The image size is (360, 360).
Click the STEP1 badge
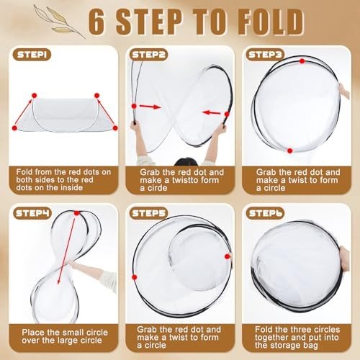32,55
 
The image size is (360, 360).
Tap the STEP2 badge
148,55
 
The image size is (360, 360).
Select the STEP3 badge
265,55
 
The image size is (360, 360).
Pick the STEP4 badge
32,213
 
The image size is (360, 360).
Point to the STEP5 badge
148,213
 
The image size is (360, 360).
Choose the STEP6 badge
265,213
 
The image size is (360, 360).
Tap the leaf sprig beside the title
59,22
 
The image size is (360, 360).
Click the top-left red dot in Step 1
35,96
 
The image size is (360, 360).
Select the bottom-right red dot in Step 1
115,128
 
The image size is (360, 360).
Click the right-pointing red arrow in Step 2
150,107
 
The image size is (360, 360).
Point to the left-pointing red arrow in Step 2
211,112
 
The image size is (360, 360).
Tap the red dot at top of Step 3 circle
302,61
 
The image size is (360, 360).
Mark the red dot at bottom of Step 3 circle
290,150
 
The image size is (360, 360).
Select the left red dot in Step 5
135,277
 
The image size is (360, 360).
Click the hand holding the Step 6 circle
344,259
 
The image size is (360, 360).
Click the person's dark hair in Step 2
186,162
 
